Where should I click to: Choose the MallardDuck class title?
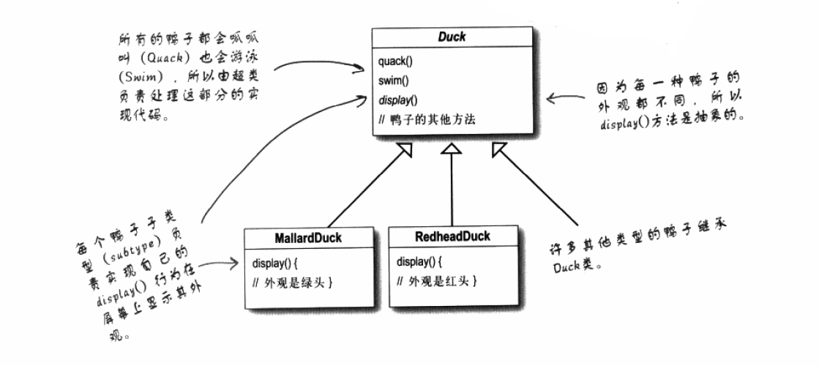(307, 238)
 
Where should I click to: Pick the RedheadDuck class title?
(452, 237)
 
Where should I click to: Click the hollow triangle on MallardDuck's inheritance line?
(405, 150)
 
